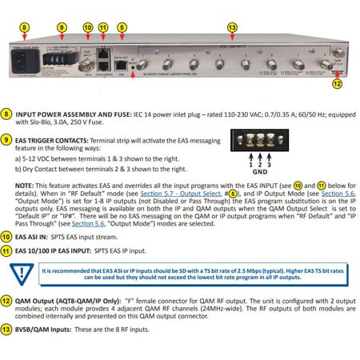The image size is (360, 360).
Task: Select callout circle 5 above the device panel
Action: coord(121,26)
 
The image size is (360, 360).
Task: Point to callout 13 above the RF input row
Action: coord(232,26)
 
